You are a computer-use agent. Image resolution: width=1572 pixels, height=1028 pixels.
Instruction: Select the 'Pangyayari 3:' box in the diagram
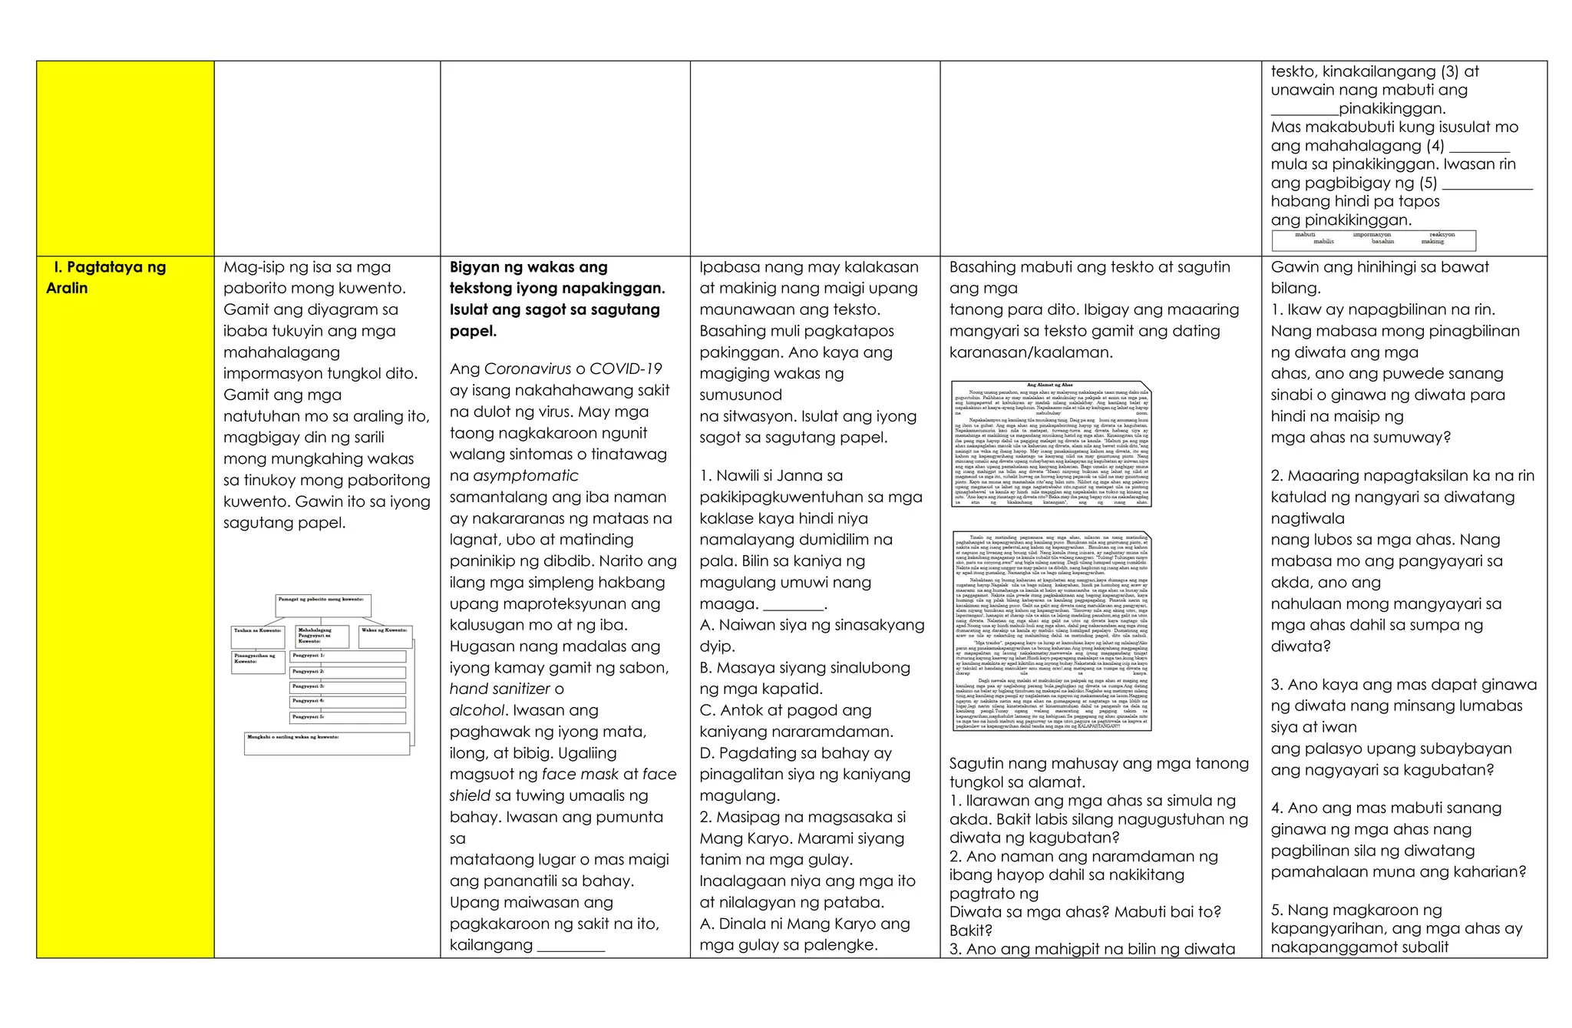click(348, 686)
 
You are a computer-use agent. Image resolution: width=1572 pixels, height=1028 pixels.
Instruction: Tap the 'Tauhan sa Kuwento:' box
click(259, 636)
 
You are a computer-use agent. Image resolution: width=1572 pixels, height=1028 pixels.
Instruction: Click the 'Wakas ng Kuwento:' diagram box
click(385, 636)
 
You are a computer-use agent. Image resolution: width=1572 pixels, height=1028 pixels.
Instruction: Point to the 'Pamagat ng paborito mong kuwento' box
click(323, 605)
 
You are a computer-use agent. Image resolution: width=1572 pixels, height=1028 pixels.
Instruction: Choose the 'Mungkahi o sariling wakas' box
click(327, 743)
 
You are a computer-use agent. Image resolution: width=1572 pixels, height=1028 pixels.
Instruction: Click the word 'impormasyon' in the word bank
click(1372, 234)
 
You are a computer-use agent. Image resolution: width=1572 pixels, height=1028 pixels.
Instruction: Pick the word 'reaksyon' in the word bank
click(1442, 234)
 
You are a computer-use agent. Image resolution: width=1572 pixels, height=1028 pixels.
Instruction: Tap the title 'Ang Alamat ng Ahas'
click(1049, 385)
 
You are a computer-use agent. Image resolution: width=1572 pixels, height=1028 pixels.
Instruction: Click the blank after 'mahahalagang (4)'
click(1479, 147)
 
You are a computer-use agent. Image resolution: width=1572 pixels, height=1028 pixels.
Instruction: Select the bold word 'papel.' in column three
click(473, 331)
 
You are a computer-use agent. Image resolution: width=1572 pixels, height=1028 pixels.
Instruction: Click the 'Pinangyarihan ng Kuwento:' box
click(258, 662)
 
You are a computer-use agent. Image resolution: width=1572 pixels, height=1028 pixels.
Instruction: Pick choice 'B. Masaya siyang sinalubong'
click(804, 668)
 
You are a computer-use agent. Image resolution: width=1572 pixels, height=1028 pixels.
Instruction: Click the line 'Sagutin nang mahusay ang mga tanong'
click(1098, 763)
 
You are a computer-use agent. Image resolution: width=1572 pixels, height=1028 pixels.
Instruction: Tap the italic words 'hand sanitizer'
click(500, 689)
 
